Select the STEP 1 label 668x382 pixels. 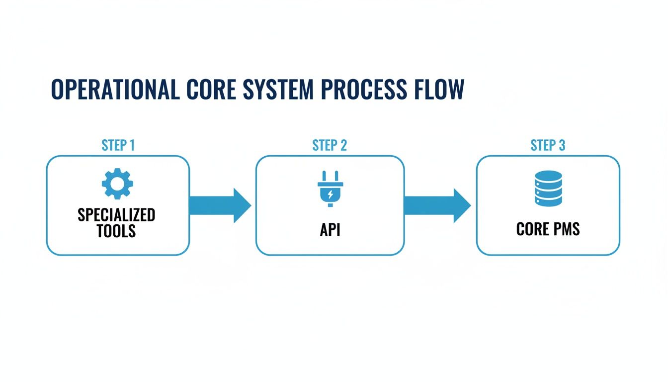(118, 145)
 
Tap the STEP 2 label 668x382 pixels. (330, 145)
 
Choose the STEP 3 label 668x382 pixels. (548, 145)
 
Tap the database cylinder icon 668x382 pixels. (548, 188)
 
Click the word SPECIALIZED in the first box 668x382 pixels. (117, 215)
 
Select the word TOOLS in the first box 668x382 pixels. (117, 231)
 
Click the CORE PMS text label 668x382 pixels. (548, 229)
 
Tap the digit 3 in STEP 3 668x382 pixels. (562, 145)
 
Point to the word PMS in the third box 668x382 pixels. (564, 229)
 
